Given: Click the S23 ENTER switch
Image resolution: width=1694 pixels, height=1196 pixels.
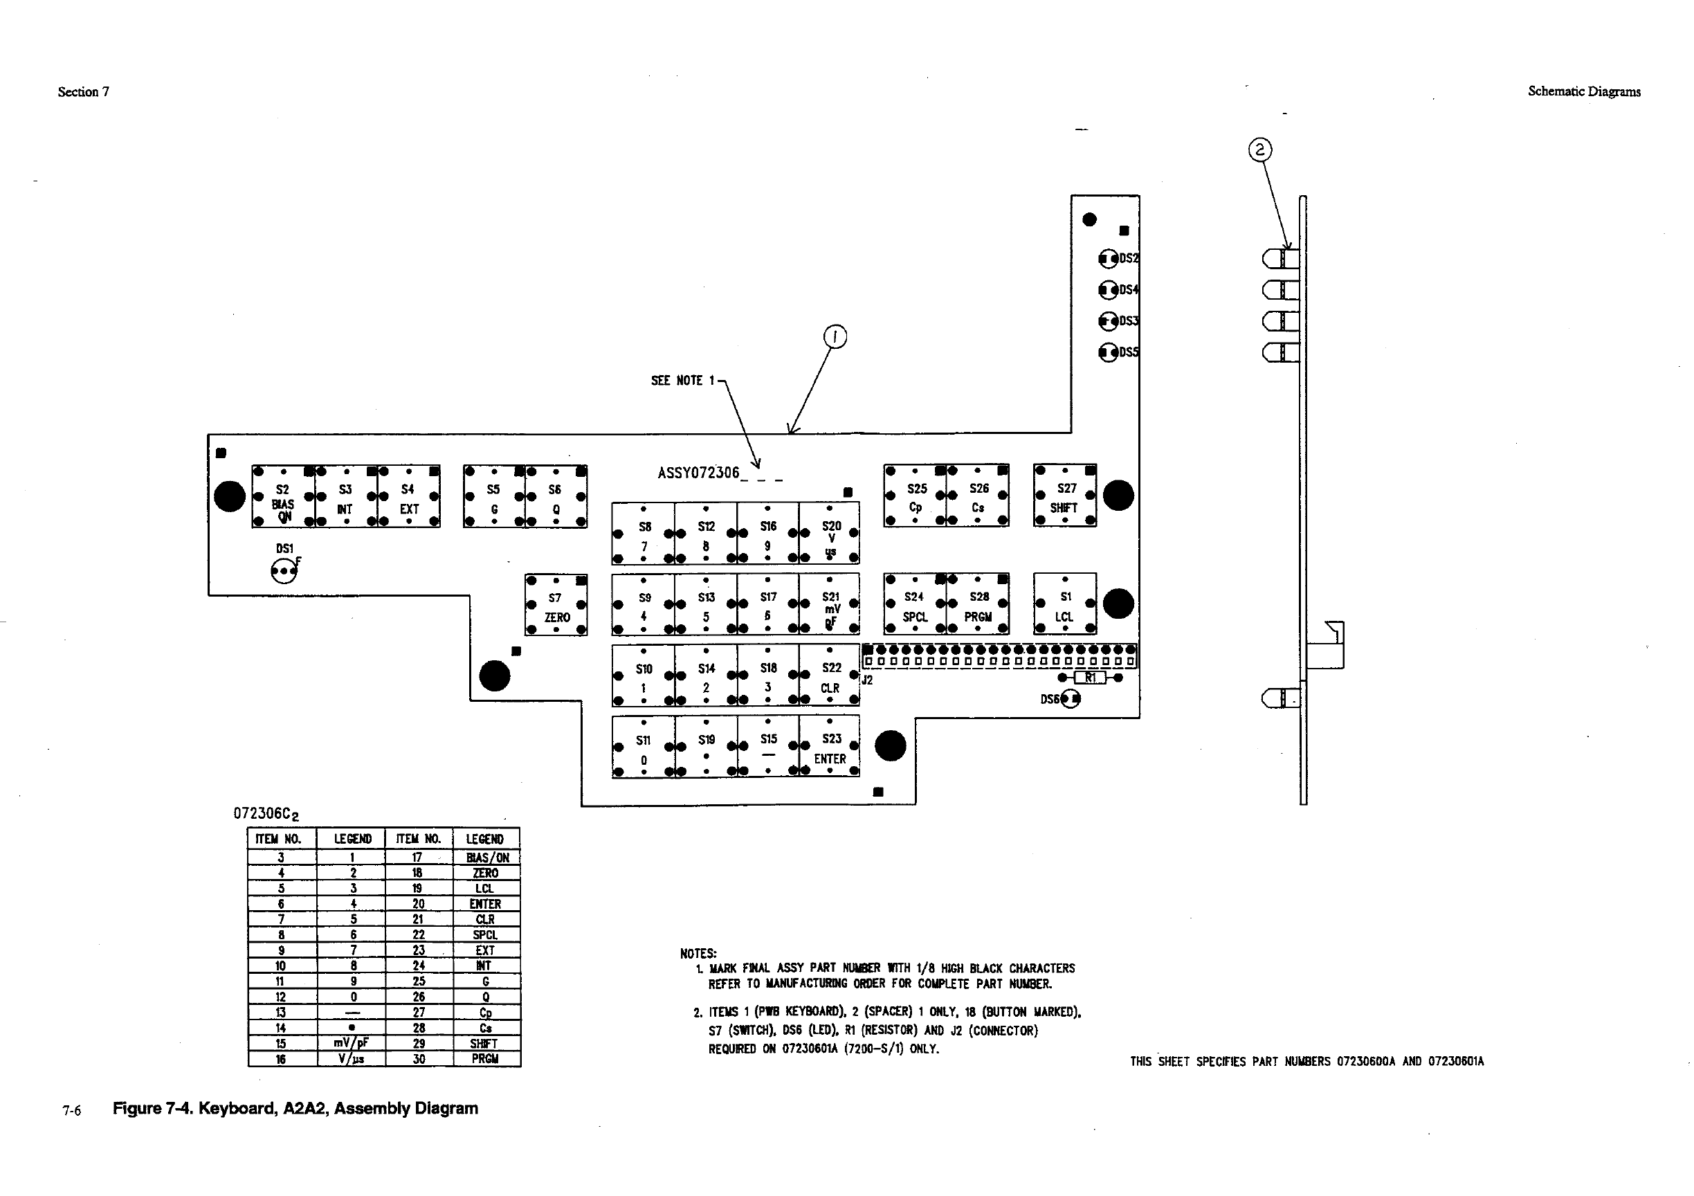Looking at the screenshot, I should (x=829, y=747).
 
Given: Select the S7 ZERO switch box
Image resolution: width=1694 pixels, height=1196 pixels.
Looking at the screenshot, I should (x=556, y=605).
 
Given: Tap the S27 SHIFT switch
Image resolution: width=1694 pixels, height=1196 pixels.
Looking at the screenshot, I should (x=1065, y=496).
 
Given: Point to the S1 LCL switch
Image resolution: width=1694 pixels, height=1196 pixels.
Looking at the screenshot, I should (x=1065, y=604).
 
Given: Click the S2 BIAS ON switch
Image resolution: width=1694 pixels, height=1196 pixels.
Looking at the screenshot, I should (x=283, y=496).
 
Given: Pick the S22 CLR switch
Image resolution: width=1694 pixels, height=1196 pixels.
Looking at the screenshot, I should (x=829, y=676).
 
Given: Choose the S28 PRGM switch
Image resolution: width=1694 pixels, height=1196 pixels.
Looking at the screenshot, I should (x=978, y=604).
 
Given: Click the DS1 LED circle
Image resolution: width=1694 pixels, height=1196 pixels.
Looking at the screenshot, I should (x=283, y=571).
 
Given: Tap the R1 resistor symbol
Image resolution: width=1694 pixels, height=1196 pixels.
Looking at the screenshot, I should (x=1090, y=678).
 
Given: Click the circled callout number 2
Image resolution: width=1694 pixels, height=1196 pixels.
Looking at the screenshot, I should (x=1259, y=149).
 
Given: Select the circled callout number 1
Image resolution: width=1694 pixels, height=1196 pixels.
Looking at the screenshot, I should (x=835, y=337).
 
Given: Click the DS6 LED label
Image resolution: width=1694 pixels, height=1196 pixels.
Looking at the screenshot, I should (x=1050, y=699).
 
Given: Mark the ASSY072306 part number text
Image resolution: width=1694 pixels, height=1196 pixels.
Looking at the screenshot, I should (x=698, y=473).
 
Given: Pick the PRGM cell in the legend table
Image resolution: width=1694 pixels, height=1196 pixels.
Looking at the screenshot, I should (x=486, y=1059).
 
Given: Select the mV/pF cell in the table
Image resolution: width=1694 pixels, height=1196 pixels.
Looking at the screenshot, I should (x=352, y=1043).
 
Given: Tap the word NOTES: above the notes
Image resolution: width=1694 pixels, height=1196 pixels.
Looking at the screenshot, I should (x=698, y=954).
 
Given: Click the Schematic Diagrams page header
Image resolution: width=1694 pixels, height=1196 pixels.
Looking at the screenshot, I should (x=1583, y=91).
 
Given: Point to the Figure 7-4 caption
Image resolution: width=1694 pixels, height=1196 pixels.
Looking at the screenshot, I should (x=295, y=1108).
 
